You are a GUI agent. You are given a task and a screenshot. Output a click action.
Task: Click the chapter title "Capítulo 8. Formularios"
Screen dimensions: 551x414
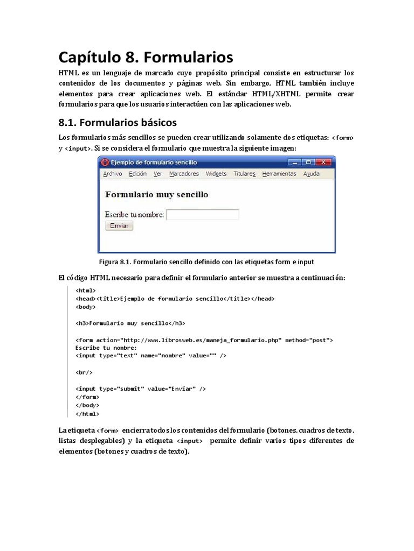[x=146, y=56]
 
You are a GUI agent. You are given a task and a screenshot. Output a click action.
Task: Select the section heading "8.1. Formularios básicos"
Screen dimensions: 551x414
[x=118, y=122]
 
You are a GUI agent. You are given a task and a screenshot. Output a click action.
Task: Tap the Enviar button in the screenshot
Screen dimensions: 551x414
[x=119, y=226]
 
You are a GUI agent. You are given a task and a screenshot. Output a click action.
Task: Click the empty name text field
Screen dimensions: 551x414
[x=202, y=215]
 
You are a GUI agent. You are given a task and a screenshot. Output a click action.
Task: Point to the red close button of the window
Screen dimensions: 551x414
[x=323, y=162]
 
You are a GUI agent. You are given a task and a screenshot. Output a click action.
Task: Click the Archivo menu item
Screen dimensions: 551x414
[x=112, y=174]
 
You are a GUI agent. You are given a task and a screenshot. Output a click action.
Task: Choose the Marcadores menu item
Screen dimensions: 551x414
[x=184, y=174]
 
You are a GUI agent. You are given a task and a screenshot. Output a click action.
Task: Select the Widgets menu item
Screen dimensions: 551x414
[x=216, y=174]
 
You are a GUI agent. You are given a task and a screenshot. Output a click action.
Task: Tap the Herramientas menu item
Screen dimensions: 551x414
[x=279, y=174]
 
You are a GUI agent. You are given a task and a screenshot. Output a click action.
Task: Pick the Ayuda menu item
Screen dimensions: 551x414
[x=311, y=174]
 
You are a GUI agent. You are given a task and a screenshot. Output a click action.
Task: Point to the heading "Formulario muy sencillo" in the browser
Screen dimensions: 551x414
[x=156, y=194]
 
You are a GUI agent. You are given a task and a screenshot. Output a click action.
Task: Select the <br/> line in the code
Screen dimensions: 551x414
[x=84, y=372]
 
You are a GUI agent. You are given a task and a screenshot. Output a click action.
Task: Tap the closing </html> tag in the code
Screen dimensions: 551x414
[x=87, y=414]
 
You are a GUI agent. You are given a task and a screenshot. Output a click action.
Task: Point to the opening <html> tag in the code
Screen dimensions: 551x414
[x=86, y=291]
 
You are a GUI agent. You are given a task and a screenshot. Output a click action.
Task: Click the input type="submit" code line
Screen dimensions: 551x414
[x=141, y=388]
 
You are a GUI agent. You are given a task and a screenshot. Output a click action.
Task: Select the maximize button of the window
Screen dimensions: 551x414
[x=308, y=162]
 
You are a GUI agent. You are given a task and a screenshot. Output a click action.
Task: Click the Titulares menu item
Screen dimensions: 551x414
[x=244, y=174]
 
